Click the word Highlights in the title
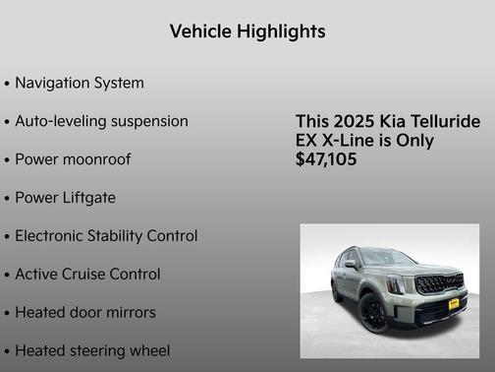click(x=279, y=31)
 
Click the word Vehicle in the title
click(x=199, y=31)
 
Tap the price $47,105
click(x=326, y=159)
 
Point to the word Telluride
click(x=444, y=122)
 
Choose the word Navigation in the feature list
click(x=55, y=83)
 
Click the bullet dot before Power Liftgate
click(x=7, y=199)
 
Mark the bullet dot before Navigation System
click(x=7, y=84)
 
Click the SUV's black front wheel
click(x=373, y=313)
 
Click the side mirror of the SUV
click(x=351, y=264)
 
